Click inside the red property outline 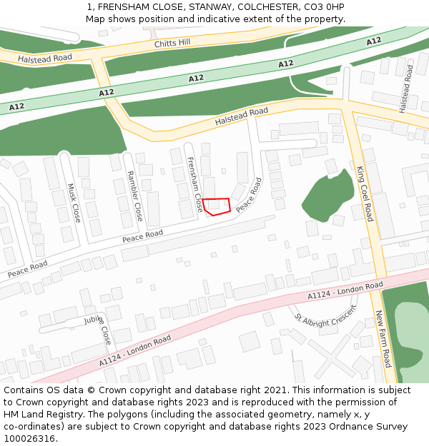(x=216, y=206)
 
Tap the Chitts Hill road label (x=172, y=43)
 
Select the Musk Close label (x=74, y=203)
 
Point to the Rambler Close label (x=134, y=196)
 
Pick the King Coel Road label (x=365, y=193)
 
